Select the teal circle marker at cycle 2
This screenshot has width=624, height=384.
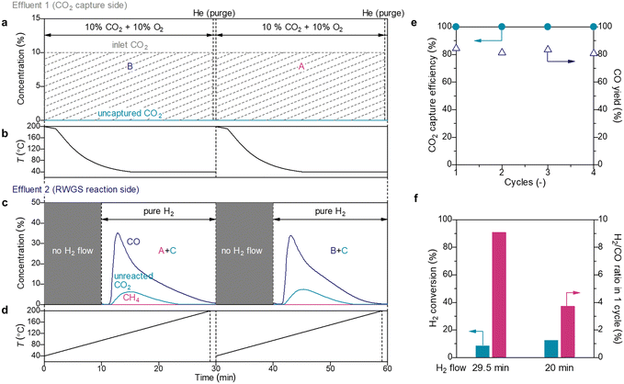click(x=502, y=27)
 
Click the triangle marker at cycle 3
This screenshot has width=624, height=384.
click(x=547, y=49)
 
